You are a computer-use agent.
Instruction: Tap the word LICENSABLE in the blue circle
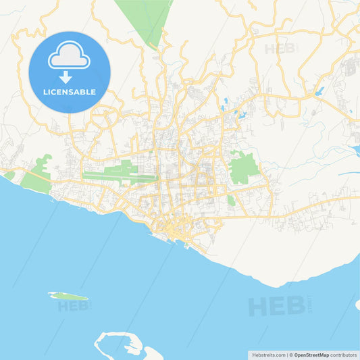70,92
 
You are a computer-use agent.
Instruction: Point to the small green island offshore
68,296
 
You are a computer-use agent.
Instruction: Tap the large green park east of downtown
244,168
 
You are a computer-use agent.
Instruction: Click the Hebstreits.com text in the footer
268,355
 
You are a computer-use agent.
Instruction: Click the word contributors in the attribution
344,355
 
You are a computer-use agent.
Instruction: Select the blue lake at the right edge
355,149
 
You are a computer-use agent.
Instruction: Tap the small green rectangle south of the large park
231,200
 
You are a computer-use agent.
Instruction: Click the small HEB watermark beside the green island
75,305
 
